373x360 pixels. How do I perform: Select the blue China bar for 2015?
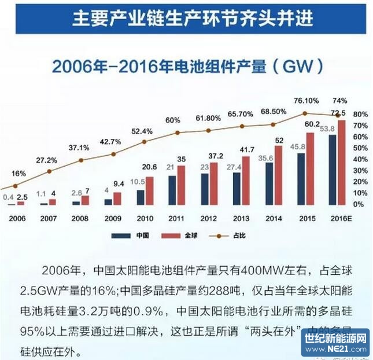pyautogui.click(x=302, y=179)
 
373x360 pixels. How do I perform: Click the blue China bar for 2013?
pyautogui.click(x=237, y=189)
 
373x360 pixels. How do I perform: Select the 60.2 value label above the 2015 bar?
pyautogui.click(x=313, y=125)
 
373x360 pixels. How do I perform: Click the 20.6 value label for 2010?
pyautogui.click(x=151, y=166)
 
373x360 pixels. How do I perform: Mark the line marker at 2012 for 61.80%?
pyautogui.click(x=208, y=130)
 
